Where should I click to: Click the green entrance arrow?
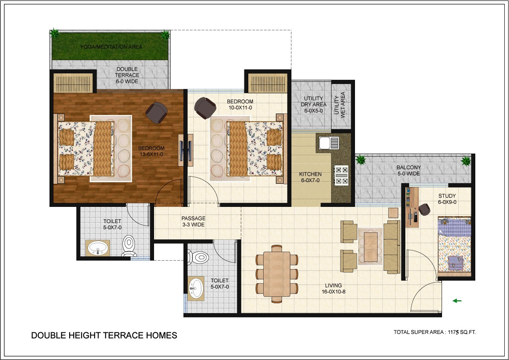[x=457, y=301]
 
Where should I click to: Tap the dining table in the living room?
[x=276, y=274]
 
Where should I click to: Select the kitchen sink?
[x=329, y=143]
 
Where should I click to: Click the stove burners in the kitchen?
[x=341, y=175]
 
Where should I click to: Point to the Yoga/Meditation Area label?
[x=111, y=47]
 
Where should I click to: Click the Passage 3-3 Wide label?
[x=193, y=221]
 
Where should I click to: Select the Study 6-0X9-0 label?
[x=447, y=199]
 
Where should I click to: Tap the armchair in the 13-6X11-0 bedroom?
[x=157, y=113]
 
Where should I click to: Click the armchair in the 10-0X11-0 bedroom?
[x=205, y=108]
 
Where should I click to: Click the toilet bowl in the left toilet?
[x=129, y=245]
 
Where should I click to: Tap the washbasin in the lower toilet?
[x=196, y=288]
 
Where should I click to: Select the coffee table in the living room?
[x=370, y=247]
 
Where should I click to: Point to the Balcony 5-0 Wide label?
[x=409, y=171]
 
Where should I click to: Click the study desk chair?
[x=424, y=209]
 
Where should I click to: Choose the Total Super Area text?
[x=435, y=332]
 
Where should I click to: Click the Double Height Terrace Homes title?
[x=104, y=335]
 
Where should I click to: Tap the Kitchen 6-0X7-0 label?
[x=310, y=177]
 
